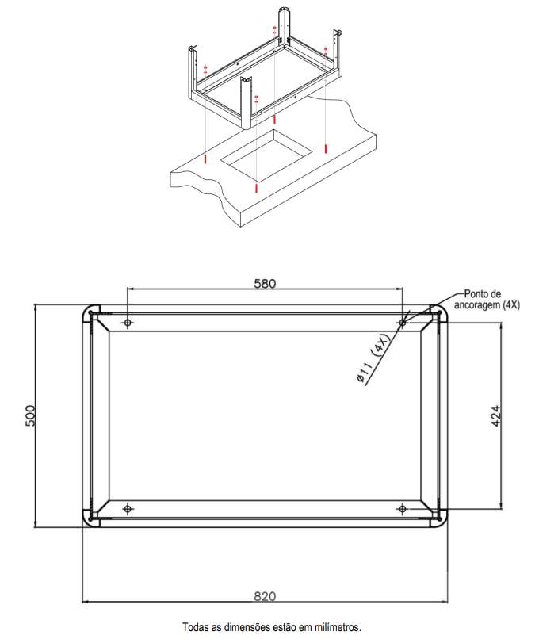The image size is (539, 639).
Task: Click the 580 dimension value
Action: pos(265,283)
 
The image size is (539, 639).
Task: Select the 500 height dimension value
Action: pos(31,415)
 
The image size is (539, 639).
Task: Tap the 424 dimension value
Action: pos(495,415)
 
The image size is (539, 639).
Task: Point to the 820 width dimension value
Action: pos(265,597)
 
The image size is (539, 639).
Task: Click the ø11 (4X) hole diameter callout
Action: pos(373,357)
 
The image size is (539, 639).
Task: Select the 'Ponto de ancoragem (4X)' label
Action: pos(487,300)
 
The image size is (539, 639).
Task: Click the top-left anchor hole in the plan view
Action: pos(128,323)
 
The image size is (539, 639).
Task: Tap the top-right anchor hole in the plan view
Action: pos(403,323)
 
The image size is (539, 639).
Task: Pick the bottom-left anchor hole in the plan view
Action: pos(128,509)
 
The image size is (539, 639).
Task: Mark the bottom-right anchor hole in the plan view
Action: pos(403,509)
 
